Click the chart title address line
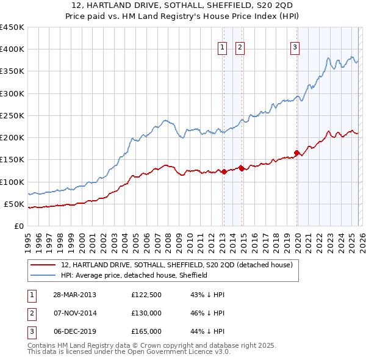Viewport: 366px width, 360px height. tap(182, 5)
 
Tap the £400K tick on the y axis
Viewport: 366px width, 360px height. tap(12, 49)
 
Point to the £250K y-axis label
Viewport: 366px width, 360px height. tap(12, 115)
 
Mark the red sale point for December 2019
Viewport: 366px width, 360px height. tap(296, 153)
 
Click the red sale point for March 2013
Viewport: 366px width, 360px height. tap(224, 171)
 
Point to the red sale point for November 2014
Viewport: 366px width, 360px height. tap(242, 168)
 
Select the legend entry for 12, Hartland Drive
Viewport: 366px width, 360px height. tap(177, 265)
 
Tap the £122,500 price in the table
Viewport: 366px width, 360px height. tap(146, 295)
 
